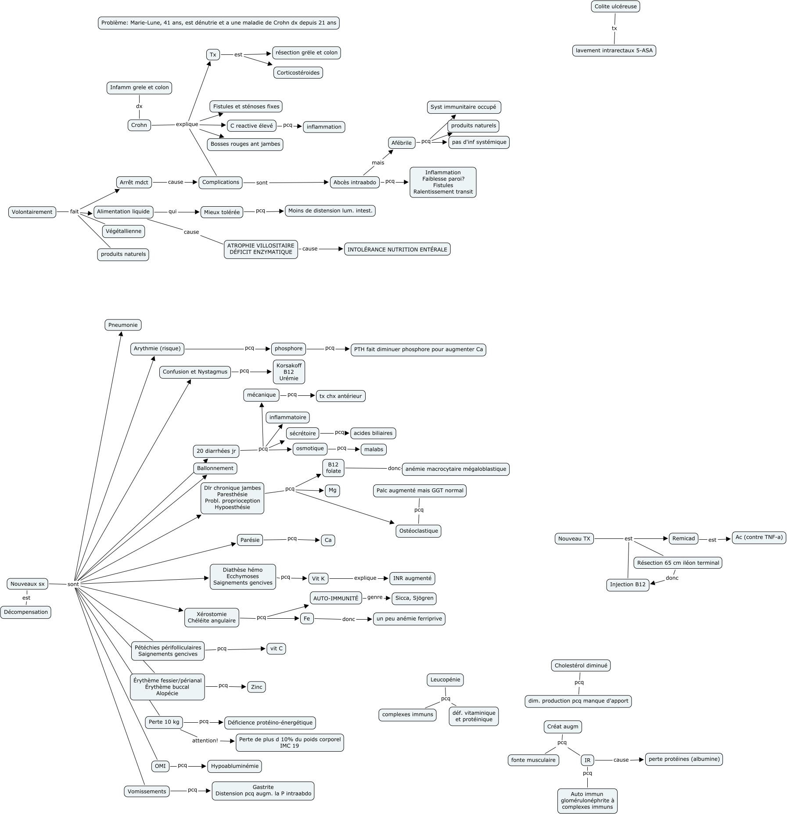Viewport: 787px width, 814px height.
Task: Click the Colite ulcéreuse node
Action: pos(615,7)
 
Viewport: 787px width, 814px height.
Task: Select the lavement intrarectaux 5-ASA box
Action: pos(615,50)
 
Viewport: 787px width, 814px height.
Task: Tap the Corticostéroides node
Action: pos(298,73)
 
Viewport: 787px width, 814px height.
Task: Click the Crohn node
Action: pos(139,125)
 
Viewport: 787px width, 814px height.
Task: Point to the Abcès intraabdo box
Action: pos(355,183)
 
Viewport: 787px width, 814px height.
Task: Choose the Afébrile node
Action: pos(402,143)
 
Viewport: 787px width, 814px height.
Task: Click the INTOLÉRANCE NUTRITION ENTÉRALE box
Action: pos(397,249)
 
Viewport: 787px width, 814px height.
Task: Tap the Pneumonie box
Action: pos(123,325)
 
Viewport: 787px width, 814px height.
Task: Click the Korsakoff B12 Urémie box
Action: pos(288,372)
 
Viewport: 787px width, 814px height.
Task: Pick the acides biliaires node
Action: pos(373,433)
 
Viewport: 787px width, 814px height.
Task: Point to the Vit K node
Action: pos(318,579)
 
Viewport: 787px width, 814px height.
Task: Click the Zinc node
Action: pos(257,687)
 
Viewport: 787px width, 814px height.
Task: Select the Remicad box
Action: pos(683,538)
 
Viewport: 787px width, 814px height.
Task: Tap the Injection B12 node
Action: pos(628,585)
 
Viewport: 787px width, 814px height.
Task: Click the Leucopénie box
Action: pos(445,680)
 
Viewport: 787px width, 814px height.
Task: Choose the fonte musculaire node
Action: pos(533,760)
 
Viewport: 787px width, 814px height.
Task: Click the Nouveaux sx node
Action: pos(28,584)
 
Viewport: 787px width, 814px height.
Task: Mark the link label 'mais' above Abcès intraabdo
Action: pos(378,163)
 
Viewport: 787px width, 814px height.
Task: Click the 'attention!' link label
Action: pos(205,740)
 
